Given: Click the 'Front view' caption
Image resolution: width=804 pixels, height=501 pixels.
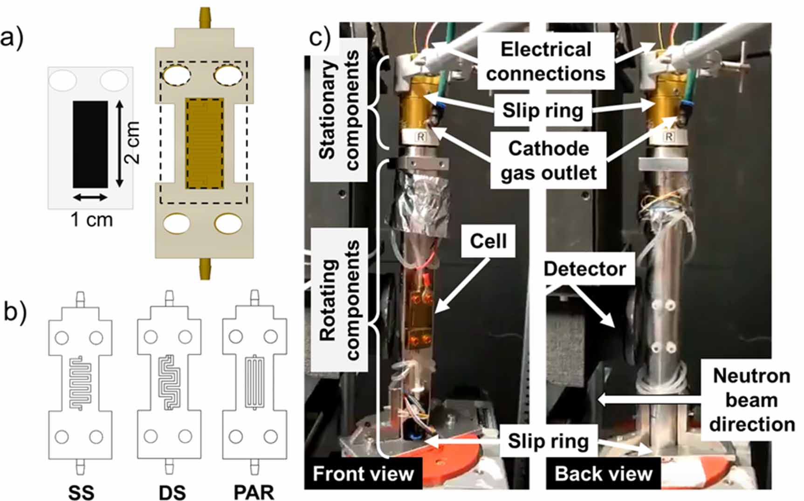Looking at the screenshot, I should click(363, 474).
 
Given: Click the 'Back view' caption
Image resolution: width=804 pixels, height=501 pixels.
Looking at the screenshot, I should click(603, 474).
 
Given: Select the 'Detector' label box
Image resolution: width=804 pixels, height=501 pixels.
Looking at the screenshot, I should click(584, 269).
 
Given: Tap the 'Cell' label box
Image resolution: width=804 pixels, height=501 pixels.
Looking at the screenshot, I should click(488, 241).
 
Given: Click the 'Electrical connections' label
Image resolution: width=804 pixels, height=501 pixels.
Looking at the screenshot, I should click(545, 62).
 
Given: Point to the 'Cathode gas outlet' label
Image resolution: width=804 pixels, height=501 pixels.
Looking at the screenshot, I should click(548, 160).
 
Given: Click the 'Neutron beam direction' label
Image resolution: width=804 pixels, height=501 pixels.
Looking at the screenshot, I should click(751, 400).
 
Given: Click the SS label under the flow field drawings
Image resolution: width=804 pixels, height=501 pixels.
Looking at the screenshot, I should click(81, 492).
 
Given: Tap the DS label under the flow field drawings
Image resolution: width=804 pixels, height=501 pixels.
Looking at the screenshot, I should click(172, 492).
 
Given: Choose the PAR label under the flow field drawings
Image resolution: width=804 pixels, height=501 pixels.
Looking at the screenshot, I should click(254, 492).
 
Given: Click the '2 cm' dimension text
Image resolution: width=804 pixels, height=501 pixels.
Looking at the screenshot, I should click(132, 143).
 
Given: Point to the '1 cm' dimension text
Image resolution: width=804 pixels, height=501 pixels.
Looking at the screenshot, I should click(91, 220).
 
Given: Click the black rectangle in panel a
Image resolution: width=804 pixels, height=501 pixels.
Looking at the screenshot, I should click(90, 144).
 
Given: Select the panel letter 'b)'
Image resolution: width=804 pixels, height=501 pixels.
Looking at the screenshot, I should click(15, 311).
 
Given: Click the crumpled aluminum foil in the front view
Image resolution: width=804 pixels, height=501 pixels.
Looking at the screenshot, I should click(417, 205).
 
